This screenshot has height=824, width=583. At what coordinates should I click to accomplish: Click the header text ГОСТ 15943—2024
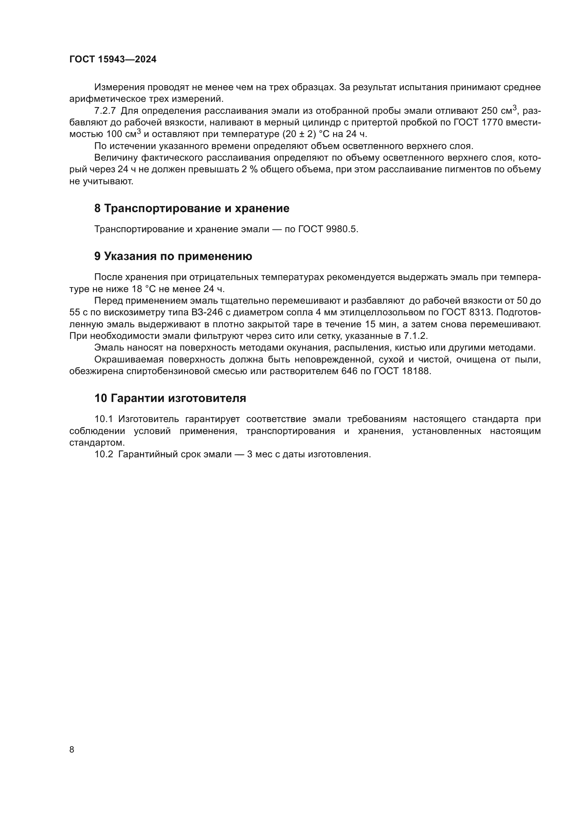[113, 60]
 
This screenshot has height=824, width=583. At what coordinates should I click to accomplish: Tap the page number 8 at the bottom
[72, 749]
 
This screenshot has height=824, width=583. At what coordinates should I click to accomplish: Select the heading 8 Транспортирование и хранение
[192, 209]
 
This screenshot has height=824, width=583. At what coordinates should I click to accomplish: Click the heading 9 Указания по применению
[173, 256]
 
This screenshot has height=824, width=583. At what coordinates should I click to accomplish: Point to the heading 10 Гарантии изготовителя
[170, 398]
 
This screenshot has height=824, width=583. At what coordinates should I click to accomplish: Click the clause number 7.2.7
[105, 111]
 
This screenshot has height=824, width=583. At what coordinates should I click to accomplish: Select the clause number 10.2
[104, 454]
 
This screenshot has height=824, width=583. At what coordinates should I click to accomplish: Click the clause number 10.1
[104, 419]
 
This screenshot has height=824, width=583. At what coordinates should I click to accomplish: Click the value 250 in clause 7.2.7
[490, 111]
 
